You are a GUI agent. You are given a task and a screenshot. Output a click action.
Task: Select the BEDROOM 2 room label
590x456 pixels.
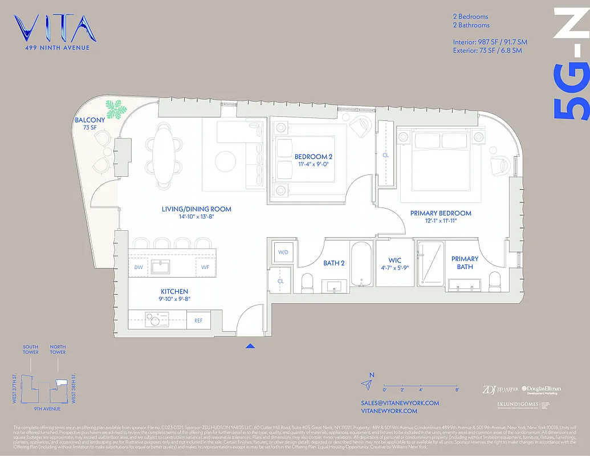[x=314, y=156]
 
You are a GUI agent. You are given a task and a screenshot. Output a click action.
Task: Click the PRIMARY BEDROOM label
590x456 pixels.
[x=441, y=213]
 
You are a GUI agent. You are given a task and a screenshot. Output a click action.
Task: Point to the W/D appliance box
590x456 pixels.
[x=283, y=252]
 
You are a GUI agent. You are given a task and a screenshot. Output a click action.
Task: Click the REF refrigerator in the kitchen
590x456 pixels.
[x=198, y=320]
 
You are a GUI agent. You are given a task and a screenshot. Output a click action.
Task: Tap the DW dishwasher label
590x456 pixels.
[x=139, y=266]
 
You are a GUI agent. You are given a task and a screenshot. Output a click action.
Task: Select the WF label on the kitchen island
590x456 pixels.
[x=205, y=266]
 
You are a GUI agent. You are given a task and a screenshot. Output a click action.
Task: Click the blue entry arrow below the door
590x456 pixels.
[x=250, y=345]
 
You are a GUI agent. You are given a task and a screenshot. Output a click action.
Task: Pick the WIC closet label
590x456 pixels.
[x=395, y=260]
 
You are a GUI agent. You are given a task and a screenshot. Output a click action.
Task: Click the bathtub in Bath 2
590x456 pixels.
[x=361, y=264]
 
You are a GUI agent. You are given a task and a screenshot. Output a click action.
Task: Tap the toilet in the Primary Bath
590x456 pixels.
[x=494, y=281]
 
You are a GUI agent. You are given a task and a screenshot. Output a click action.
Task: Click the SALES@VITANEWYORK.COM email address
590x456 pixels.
[x=400, y=403]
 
